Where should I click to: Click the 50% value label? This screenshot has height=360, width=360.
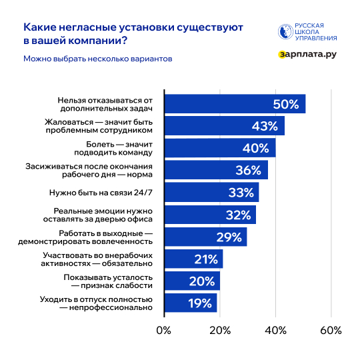(x=285, y=104)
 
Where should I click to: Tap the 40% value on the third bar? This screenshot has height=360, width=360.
(x=256, y=148)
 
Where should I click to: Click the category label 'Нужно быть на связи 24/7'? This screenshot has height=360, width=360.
(x=101, y=193)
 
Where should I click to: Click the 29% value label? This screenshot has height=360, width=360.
(x=229, y=237)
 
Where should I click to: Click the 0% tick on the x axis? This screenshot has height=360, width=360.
(x=163, y=330)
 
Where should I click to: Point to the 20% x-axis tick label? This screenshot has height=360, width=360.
(x=220, y=330)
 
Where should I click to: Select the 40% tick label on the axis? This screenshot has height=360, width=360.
(x=275, y=330)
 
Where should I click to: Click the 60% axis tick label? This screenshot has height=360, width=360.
(x=331, y=330)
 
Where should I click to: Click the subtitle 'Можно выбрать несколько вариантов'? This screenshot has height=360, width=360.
(x=98, y=59)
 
